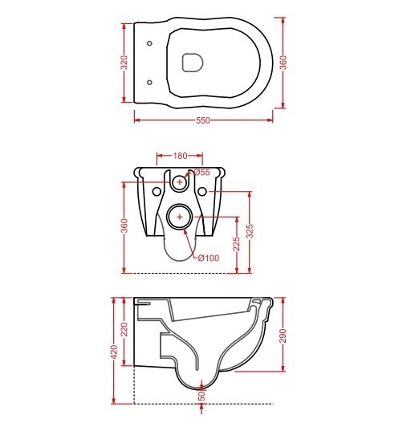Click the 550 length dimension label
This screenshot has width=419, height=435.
click(x=203, y=120)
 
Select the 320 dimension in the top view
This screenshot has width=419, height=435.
click(x=124, y=63)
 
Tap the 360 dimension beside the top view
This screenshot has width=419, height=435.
click(x=284, y=63)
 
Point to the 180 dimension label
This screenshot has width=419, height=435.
click(x=180, y=156)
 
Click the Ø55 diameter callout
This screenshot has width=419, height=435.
click(x=201, y=173)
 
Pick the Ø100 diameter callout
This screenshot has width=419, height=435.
click(x=209, y=258)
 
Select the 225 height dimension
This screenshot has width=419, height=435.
click(x=236, y=244)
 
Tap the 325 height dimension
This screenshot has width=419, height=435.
click(x=250, y=231)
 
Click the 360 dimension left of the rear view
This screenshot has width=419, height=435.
click(x=124, y=226)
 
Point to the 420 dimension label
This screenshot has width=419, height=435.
click(x=114, y=352)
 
